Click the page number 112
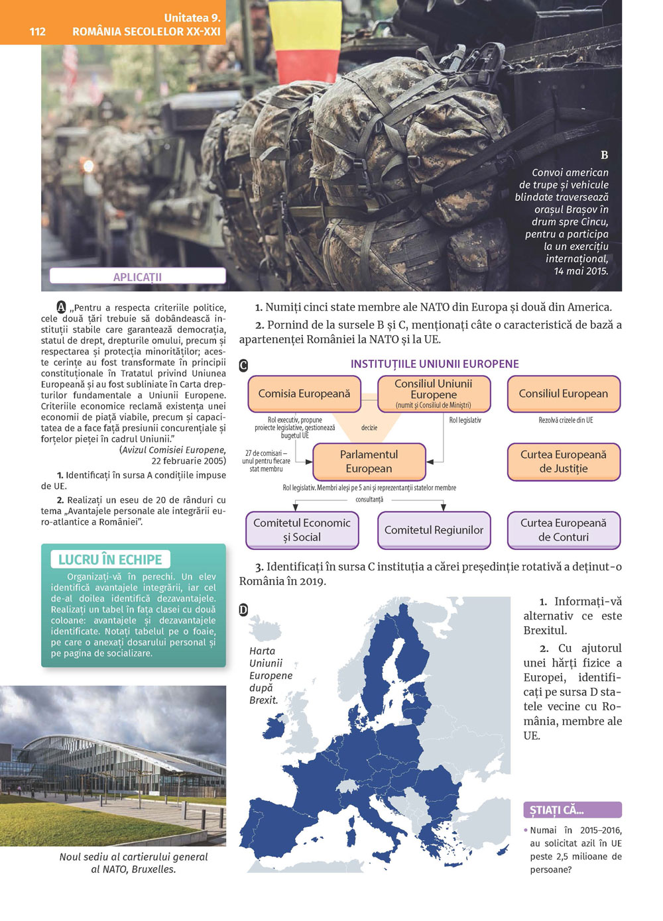pos(37,31)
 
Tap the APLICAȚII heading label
pos(137,277)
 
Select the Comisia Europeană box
pos(304,394)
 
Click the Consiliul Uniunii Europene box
pos(434,394)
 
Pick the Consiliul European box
pos(564,394)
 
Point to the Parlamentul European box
pos(369,461)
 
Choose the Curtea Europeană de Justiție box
pos(564,461)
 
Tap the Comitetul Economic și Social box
pos(302,530)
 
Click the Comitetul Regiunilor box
pos(434,530)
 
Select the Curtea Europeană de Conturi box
pos(564,530)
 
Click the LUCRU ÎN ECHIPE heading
pos(110,559)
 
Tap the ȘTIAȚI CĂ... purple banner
pos(572,810)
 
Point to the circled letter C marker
pos(243,365)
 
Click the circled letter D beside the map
pos(243,610)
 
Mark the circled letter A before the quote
pos(62,307)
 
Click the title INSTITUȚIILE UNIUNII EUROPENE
pos(434,364)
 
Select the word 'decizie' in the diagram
pos(369,428)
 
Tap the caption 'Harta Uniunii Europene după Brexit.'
pos(271,675)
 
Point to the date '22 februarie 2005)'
pos(188,461)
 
